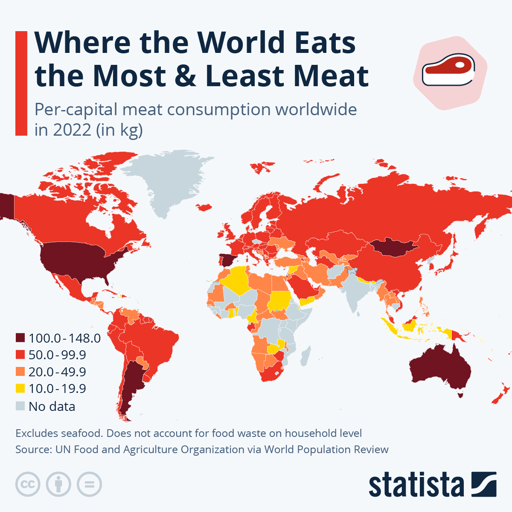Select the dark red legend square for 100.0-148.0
pos(20,338)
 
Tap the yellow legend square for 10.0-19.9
pos(20,388)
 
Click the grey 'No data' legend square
pos(20,406)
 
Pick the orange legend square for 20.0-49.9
pos(20,372)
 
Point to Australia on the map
pos(439,369)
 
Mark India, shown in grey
pos(352,290)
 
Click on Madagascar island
pos(305,356)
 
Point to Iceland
pos(204,207)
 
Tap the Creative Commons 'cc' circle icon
pos(28,484)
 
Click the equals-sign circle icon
pos(90,484)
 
